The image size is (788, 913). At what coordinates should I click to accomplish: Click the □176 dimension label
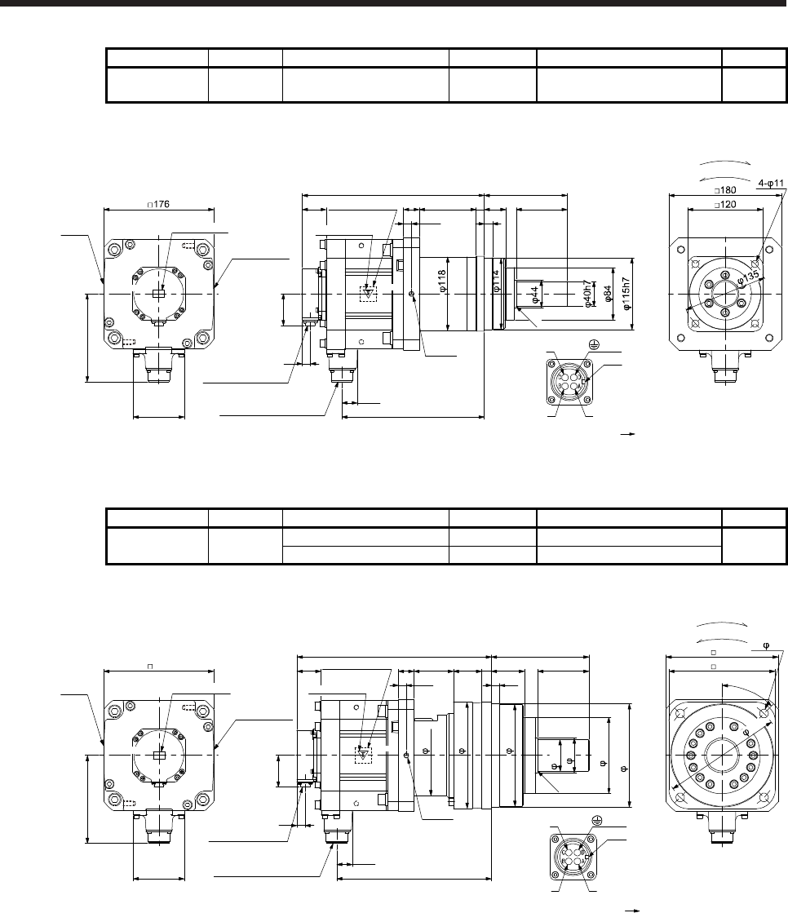[x=158, y=204]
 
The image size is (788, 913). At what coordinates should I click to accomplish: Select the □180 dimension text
[x=725, y=190]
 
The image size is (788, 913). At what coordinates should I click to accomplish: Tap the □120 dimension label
[x=725, y=204]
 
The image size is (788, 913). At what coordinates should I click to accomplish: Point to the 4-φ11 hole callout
[x=771, y=183]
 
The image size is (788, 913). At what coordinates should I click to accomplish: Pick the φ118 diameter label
[x=442, y=281]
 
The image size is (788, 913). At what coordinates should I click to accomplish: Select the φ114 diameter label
[x=495, y=281]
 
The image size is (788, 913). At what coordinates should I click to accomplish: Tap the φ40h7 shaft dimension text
[x=588, y=292]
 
